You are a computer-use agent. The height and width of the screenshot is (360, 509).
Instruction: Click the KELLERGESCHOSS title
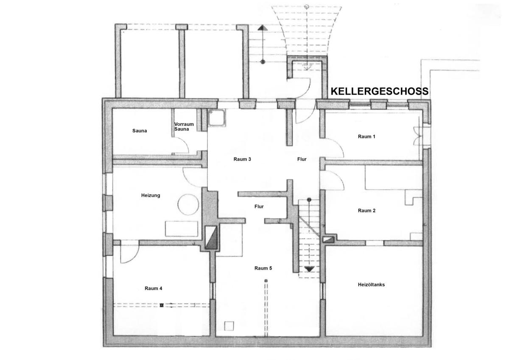[379, 91]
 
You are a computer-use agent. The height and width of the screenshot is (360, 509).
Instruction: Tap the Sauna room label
[140, 131]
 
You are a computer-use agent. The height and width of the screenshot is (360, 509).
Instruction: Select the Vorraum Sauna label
[184, 126]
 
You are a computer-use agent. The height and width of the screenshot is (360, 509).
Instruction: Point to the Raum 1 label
[366, 137]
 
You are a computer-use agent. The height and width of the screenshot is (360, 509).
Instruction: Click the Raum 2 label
[366, 211]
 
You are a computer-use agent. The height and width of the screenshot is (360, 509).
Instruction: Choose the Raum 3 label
[242, 159]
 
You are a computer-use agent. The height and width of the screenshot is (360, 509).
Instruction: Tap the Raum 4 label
[154, 288]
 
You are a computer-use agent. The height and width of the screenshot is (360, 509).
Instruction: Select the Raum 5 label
[263, 268]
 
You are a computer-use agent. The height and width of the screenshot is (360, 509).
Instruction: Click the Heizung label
[151, 195]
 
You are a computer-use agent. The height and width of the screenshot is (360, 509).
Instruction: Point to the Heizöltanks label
[371, 285]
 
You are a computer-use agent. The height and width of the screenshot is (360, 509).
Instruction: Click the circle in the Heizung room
[188, 194]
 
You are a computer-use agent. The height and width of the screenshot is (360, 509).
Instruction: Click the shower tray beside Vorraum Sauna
[217, 117]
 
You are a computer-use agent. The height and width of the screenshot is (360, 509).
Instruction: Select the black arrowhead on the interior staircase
[309, 269]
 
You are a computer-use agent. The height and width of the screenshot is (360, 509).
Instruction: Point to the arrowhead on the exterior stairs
[263, 28]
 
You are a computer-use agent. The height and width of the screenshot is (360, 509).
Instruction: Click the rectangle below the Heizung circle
[182, 229]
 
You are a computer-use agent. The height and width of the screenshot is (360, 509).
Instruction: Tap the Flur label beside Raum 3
[302, 159]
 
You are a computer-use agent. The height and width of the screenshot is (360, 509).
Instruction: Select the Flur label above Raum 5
[259, 207]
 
